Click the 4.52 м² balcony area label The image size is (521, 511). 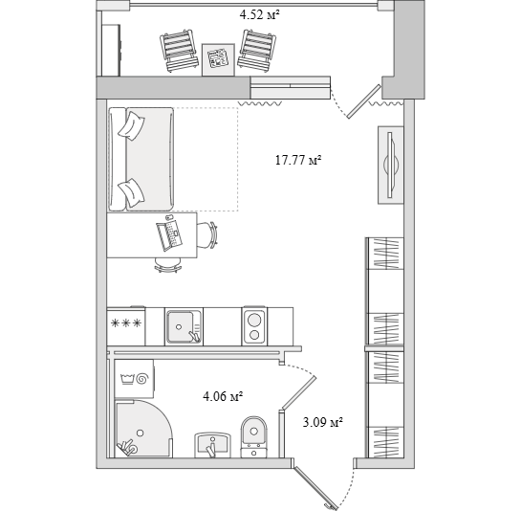[x=259, y=15]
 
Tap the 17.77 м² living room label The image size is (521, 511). [x=298, y=161]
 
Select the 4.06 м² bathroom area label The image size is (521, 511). [x=223, y=396]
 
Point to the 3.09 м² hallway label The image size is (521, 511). [x=322, y=423]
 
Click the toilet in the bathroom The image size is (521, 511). [x=254, y=436]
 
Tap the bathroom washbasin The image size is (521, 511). [x=212, y=445]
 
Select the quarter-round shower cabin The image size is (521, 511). [x=143, y=429]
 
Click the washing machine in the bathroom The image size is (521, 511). [x=134, y=379]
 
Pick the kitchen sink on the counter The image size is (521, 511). [x=184, y=326]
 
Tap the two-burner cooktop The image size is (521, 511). [x=254, y=326]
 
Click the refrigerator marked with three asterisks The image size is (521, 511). [x=126, y=326]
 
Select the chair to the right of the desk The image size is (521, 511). [x=207, y=234]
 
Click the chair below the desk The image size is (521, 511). [x=168, y=265]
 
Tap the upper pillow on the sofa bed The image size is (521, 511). [x=131, y=126]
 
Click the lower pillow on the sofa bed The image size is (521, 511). [x=132, y=193]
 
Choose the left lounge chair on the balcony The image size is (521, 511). [x=179, y=51]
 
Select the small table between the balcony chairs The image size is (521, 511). [x=218, y=59]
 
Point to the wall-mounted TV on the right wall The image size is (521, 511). [x=391, y=165]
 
